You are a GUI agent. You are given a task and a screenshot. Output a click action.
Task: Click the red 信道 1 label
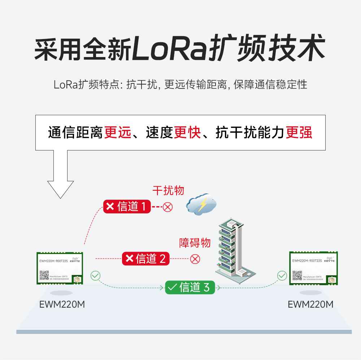click(127, 207)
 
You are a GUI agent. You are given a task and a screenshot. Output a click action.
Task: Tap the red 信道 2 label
click(145, 259)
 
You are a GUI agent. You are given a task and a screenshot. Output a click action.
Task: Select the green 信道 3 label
click(190, 287)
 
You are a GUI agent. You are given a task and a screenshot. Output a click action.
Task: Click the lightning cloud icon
click(201, 204)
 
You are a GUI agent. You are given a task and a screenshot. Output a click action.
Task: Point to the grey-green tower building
click(231, 249)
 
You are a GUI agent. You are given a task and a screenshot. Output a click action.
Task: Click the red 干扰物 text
click(168, 190)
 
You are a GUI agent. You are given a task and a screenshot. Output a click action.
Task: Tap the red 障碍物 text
click(195, 243)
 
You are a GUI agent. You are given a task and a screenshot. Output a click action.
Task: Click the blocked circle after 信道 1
click(168, 207)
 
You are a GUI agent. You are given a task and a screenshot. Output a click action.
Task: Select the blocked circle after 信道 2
click(195, 259)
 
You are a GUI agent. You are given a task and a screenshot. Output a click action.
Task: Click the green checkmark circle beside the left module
click(95, 276)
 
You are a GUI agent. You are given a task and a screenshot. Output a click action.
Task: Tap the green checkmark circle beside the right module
click(282, 276)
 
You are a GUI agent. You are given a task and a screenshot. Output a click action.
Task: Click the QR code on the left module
click(44, 275)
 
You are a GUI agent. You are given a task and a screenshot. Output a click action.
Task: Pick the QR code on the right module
click(297, 276)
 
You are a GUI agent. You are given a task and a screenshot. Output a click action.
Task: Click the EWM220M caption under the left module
click(62, 304)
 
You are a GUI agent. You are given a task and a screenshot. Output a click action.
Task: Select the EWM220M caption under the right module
click(310, 304)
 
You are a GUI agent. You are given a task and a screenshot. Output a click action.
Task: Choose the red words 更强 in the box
click(299, 133)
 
